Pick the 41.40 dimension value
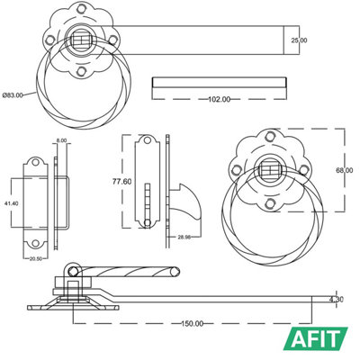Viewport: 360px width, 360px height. coord(10,205)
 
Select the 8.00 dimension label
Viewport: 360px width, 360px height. coord(61,141)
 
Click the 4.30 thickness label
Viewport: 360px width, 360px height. coord(337,299)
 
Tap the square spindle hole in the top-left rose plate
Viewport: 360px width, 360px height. coord(82,40)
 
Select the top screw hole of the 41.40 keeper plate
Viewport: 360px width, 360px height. coord(37,165)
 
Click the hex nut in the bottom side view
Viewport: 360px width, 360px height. coord(70,286)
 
